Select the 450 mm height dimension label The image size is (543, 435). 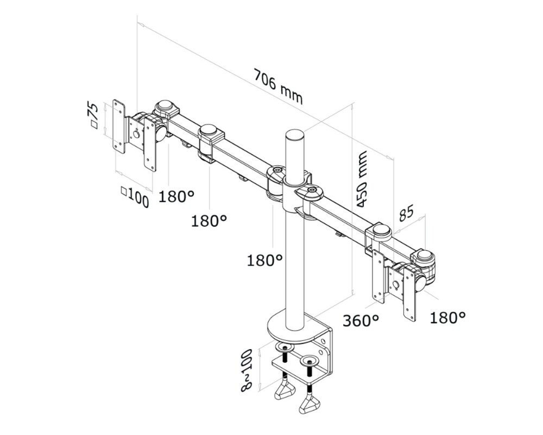click(362, 179)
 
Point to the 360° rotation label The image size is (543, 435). click(361, 320)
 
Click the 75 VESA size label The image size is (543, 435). click(93, 115)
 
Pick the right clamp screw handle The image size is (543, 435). click(310, 405)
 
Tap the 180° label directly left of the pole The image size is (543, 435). click(265, 260)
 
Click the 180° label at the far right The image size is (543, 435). click(447, 318)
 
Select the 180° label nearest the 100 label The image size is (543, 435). click(176, 196)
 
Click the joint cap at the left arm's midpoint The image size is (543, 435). click(211, 132)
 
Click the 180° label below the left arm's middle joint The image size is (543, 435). click(209, 220)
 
